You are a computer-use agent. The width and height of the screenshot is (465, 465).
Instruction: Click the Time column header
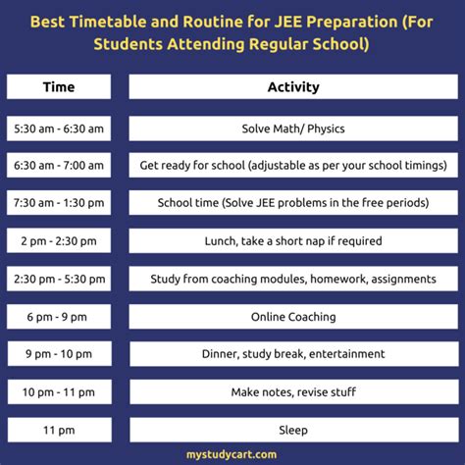[x=58, y=87]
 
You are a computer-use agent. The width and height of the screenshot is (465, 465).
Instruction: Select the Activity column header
[x=293, y=87]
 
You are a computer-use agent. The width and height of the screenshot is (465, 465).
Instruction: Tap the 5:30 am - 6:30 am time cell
[x=58, y=129]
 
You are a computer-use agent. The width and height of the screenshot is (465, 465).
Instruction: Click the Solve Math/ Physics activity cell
[x=293, y=129]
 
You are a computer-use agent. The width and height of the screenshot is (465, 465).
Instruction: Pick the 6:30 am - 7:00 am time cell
[x=58, y=166]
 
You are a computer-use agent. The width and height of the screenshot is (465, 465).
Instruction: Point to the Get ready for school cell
[x=293, y=166]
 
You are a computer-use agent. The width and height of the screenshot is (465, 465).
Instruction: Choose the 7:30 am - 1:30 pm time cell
[x=58, y=203]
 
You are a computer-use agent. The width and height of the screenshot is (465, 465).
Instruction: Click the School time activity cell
[x=293, y=203]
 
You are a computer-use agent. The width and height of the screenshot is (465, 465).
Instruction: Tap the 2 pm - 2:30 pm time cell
[x=58, y=240]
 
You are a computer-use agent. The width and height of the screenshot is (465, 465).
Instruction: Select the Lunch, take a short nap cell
[x=293, y=240]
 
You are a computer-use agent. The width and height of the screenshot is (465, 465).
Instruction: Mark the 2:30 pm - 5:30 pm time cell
[x=58, y=279]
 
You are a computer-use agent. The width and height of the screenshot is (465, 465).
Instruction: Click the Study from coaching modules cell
[x=293, y=279]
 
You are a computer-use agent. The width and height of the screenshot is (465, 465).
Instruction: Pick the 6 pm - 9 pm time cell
[x=58, y=317]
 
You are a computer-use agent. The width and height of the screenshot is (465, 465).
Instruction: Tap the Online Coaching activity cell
[x=293, y=317]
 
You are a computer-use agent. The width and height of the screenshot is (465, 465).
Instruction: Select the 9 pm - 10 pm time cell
[x=58, y=354]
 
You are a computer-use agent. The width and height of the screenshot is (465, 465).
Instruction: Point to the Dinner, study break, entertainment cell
[x=293, y=354]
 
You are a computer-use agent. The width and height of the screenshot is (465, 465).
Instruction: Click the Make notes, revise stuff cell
[x=293, y=392]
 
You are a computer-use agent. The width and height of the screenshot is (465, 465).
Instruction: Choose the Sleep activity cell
[x=293, y=430]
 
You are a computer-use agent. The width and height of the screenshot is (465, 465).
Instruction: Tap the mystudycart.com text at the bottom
[x=232, y=454]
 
